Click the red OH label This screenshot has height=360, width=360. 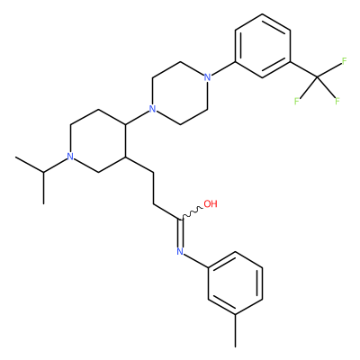point(211,204)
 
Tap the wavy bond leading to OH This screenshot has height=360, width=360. point(192,212)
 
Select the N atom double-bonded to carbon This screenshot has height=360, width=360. point(180,251)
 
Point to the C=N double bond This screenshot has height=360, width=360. point(180,234)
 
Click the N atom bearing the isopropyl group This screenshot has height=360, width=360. point(70,157)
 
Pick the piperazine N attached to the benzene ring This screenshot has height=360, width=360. point(207,77)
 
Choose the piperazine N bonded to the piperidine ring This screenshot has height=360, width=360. point(153,109)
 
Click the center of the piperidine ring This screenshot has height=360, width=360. point(98,140)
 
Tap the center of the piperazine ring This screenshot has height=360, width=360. point(180,93)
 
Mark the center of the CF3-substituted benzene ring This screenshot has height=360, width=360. point(263,46)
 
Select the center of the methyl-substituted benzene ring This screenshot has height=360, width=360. point(236,283)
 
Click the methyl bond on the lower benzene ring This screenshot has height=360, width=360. point(236,330)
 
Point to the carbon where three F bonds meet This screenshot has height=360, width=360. point(318,77)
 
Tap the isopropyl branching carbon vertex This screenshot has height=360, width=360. point(43,172)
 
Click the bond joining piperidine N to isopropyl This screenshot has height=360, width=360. point(55,166)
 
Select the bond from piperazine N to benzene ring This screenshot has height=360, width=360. point(223,68)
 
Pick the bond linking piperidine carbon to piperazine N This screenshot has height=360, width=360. point(138,117)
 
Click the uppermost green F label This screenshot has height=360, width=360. point(344,61)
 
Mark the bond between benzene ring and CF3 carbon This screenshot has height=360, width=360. point(303,69)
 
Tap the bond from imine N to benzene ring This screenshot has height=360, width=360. point(196,260)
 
